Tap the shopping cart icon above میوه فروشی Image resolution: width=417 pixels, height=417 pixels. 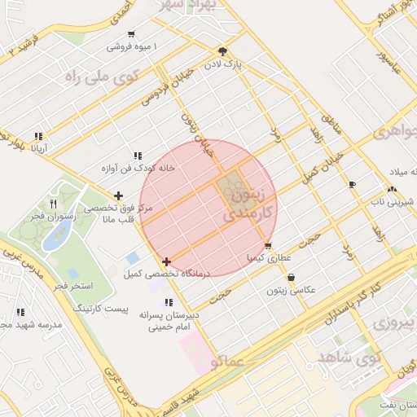pos(132,34)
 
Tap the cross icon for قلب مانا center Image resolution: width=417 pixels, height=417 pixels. pos(119,195)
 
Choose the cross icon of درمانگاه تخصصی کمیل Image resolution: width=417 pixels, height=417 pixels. pos(167,261)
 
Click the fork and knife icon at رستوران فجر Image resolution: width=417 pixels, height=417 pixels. pos(53,204)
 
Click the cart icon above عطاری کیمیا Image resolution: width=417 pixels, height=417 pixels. pos(268,245)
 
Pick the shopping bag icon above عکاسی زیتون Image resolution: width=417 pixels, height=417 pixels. pos(291,277)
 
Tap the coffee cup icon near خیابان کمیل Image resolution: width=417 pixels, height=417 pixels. pos(352,185)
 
